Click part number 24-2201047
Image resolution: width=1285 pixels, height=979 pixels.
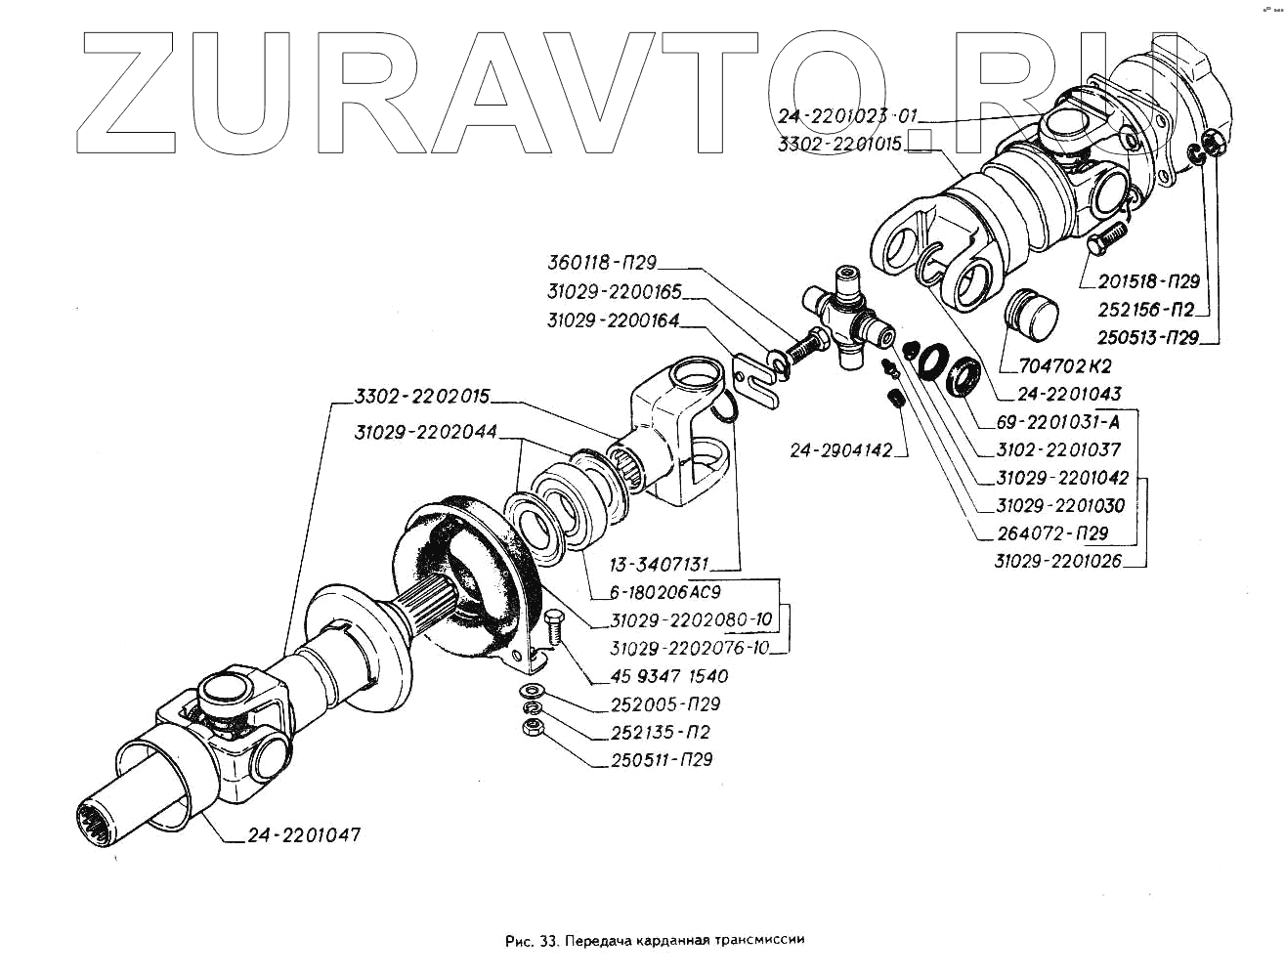tap(303, 835)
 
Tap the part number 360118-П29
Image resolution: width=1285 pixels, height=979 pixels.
tap(601, 263)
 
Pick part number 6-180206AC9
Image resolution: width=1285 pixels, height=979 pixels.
tap(664, 592)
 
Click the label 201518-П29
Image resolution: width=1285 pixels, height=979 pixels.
tap(1148, 281)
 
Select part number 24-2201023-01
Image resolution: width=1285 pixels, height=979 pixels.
tap(847, 116)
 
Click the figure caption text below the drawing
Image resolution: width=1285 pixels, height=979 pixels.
tap(655, 942)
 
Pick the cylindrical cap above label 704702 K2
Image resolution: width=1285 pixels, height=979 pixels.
tap(1031, 313)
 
